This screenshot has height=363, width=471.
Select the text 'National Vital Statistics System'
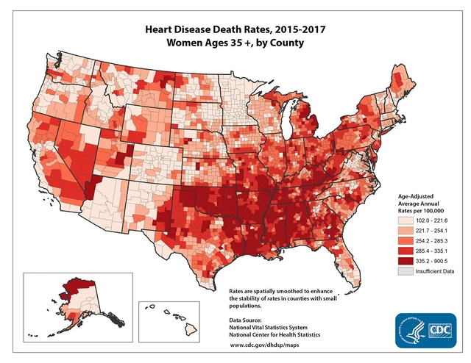[x=269, y=326]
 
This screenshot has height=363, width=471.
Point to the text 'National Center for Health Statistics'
[x=275, y=334]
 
